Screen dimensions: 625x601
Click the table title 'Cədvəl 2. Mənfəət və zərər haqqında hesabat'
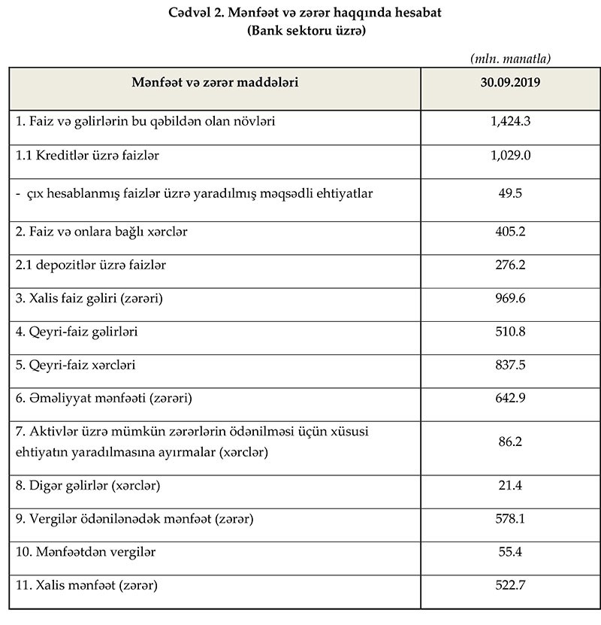304,14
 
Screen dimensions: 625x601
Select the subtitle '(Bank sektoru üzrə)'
304,31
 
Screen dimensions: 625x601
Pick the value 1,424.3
510,120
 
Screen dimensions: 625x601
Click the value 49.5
510,193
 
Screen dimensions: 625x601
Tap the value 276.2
510,265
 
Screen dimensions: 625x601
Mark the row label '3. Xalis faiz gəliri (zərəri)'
89,299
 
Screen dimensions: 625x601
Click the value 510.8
510,332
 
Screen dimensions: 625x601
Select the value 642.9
510,398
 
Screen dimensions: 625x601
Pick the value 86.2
510,443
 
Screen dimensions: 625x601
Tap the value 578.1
510,519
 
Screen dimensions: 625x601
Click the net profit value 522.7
510,584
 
